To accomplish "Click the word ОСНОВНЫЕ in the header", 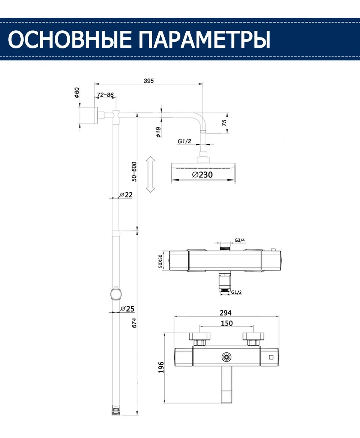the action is pyautogui.click(x=70, y=39).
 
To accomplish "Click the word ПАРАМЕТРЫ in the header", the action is pyautogui.click(x=204, y=39).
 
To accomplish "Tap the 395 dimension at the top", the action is pyautogui.click(x=149, y=81).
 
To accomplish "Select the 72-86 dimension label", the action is pyautogui.click(x=105, y=95).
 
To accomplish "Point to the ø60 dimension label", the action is pyautogui.click(x=77, y=92).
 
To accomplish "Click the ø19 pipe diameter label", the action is pyautogui.click(x=158, y=132).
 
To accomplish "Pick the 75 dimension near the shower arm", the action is pyautogui.click(x=224, y=123).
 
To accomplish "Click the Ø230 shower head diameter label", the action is pyautogui.click(x=202, y=175).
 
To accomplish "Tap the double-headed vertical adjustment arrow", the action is pyautogui.click(x=150, y=174).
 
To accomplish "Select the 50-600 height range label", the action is pyautogui.click(x=134, y=172).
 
